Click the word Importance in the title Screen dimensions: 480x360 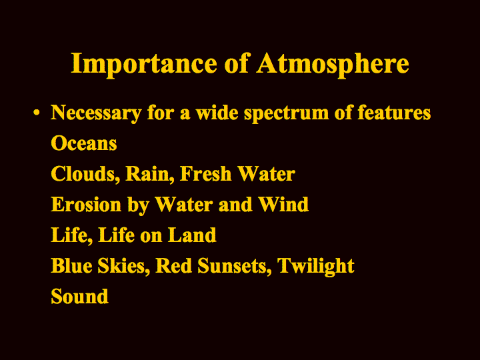click(144, 65)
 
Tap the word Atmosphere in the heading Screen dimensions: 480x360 click(333, 65)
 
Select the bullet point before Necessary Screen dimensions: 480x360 click(37, 113)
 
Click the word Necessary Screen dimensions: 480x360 click(96, 113)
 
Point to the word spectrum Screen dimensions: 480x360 click(286, 114)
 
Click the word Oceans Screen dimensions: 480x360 click(84, 143)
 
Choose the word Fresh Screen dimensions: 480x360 click(206, 173)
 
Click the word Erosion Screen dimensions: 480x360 click(86, 204)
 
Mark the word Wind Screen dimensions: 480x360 click(283, 204)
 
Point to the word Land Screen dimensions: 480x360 click(192, 235)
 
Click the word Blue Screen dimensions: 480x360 click(71, 265)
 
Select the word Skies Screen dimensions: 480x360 click(124, 266)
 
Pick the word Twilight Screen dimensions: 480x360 click(315, 266)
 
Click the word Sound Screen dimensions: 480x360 click(79, 296)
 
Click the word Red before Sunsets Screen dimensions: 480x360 click(174, 265)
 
